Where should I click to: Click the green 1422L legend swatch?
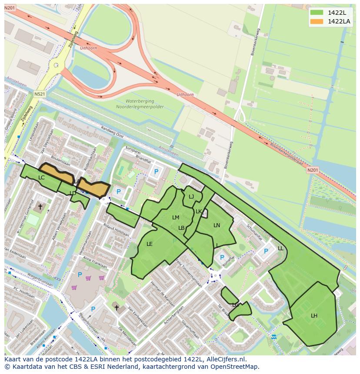pyautogui.click(x=317, y=13)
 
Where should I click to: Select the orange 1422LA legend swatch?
pyautogui.click(x=317, y=21)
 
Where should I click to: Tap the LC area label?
pyautogui.click(x=41, y=178)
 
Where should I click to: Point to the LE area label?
pyautogui.click(x=150, y=244)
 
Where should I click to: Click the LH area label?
pyautogui.click(x=314, y=315)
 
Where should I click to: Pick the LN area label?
pyautogui.click(x=217, y=225)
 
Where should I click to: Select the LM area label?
pyautogui.click(x=176, y=218)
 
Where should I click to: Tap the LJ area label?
pyautogui.click(x=191, y=197)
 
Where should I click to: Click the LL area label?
pyautogui.click(x=280, y=248)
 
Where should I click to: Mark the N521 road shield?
pyautogui.click(x=40, y=94)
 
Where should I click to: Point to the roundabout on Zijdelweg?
pyautogui.click(x=56, y=66)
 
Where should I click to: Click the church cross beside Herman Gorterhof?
pyautogui.click(x=40, y=207)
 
